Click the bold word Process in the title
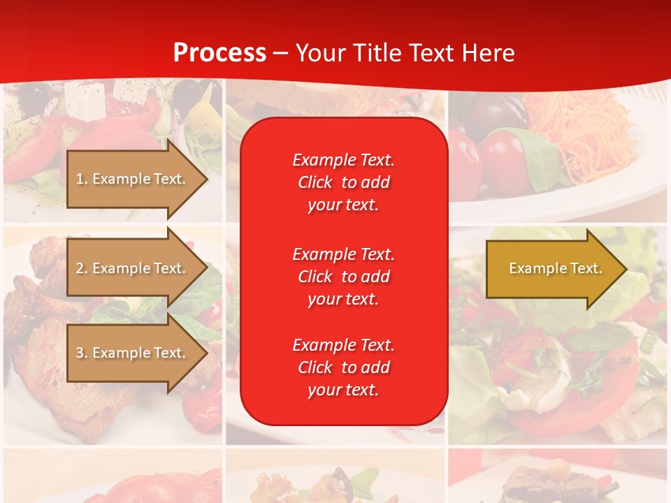219,53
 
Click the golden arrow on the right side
552,268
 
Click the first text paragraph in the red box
343,182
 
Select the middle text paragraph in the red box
343,277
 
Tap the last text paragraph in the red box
343,367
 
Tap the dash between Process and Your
281,54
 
